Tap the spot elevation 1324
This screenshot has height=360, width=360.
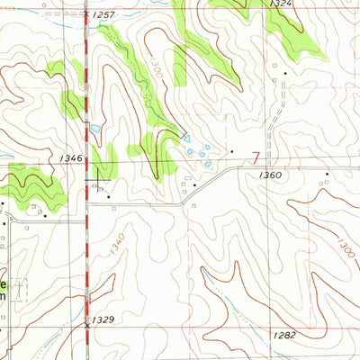[x=280, y=4]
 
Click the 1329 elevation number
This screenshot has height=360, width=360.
[x=105, y=319]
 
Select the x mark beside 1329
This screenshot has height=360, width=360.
[x=87, y=320]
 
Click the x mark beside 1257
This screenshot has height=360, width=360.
[x=86, y=15]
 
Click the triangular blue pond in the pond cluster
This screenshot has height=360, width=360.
[x=186, y=138]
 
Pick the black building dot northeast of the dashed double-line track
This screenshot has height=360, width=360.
[x=286, y=72]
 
